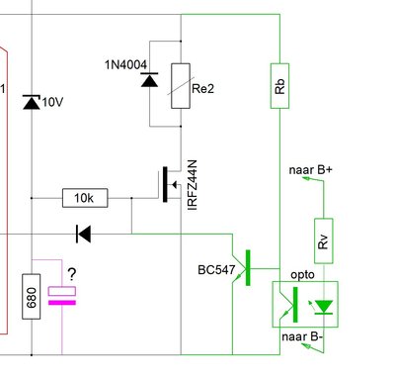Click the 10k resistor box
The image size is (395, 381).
[85, 198]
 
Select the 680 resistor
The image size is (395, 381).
[32, 296]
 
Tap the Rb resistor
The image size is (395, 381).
[279, 86]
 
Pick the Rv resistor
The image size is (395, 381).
[324, 240]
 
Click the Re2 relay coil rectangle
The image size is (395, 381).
[181, 86]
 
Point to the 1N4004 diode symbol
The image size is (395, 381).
[149, 80]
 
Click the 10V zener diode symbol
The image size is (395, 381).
[32, 102]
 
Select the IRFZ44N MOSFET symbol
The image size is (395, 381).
[171, 184]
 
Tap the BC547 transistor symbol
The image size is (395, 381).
[244, 268]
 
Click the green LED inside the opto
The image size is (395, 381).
[324, 307]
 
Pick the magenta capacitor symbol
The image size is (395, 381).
[62, 296]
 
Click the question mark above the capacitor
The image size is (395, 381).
[72, 274]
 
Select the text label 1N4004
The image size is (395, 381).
[125, 65]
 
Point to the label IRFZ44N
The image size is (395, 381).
[192, 185]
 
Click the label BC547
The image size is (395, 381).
[216, 270]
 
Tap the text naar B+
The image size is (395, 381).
[311, 170]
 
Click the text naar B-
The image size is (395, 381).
[302, 336]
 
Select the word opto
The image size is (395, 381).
[302, 275]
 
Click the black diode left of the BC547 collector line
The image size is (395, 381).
[83, 234]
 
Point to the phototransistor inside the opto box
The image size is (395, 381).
[289, 305]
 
